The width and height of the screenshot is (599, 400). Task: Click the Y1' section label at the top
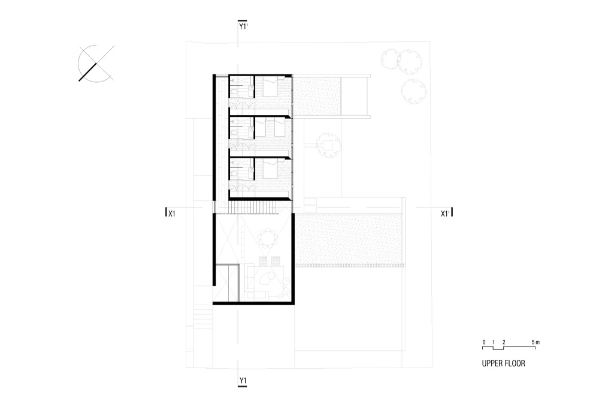pos(243,26)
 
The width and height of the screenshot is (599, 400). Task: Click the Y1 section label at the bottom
pos(243,380)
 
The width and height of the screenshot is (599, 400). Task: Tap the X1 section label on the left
pos(172,213)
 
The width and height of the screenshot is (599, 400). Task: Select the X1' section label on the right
pos(446,213)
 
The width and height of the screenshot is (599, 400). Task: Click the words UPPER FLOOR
pos(504,363)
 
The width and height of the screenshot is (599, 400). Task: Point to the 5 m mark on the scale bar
pos(536,342)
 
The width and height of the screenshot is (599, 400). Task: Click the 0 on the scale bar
pos(484,342)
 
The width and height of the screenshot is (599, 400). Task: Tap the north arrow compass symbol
pos(95,64)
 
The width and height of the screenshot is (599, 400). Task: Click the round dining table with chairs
pos(267,239)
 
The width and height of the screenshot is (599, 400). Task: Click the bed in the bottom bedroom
pos(271,169)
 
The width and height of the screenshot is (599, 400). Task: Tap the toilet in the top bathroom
pos(234,92)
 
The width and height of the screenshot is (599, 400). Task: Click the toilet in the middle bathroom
pos(234,133)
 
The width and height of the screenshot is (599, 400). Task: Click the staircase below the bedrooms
pos(253,207)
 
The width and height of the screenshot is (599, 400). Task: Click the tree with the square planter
pos(328,145)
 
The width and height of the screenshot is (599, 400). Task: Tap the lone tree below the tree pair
pos(413,91)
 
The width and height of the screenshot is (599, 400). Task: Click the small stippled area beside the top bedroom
pos(316,96)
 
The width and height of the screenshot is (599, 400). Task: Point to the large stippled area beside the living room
pos(349,239)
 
